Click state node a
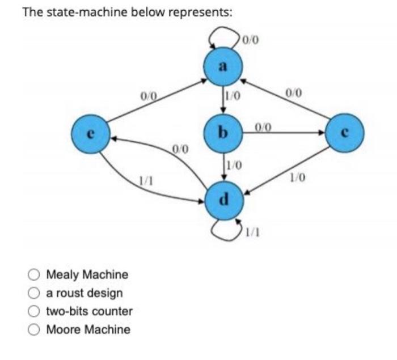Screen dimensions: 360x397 point(222,67)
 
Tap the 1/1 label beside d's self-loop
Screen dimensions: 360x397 point(253,232)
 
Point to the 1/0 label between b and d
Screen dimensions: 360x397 point(234,166)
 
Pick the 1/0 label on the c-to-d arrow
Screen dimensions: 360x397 point(297,178)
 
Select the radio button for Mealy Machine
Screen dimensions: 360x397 point(35,275)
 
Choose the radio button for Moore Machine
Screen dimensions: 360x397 point(35,329)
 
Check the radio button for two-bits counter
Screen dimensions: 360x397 point(35,311)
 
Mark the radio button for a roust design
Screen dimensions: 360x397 point(35,293)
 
